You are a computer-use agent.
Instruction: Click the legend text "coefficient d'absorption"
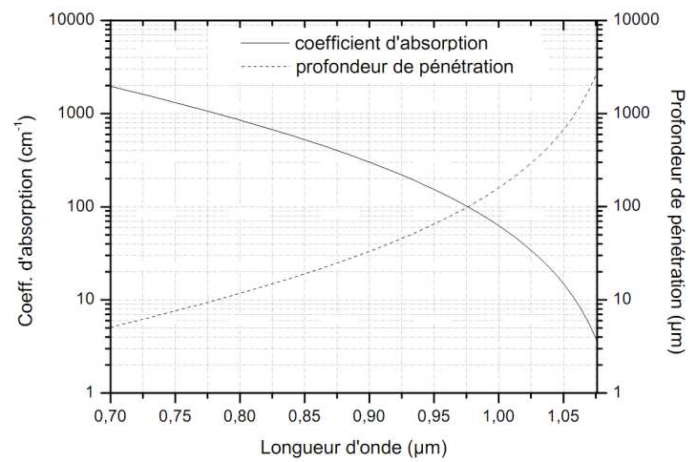(392, 43)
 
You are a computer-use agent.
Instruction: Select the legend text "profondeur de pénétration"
(405, 67)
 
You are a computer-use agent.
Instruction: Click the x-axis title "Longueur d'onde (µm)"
(355, 445)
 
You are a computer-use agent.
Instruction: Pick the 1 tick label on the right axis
(616, 393)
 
